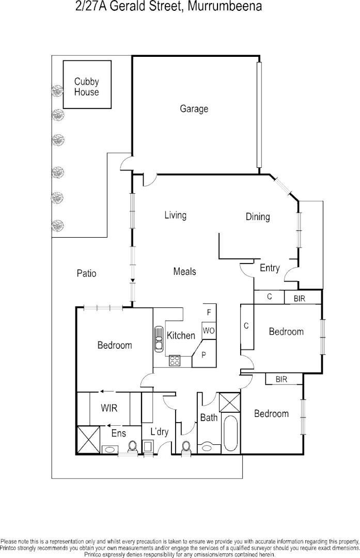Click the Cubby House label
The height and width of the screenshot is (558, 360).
86,87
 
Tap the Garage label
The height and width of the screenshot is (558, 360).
194,109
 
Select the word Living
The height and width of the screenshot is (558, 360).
175,215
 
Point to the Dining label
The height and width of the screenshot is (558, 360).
257,217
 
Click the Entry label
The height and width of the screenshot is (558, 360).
270,268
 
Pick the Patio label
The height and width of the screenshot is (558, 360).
86,273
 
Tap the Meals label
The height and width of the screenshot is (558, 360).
184,271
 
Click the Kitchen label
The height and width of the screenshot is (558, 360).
181,335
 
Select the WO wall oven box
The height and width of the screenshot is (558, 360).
208,330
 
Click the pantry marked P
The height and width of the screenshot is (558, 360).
204,355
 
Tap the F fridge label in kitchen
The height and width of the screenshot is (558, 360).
209,313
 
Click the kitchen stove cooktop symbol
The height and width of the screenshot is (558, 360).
174,361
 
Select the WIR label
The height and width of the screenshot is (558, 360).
108,408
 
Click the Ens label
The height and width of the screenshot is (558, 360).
118,433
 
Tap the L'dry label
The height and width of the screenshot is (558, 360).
159,432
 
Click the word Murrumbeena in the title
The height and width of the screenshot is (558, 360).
220,7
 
